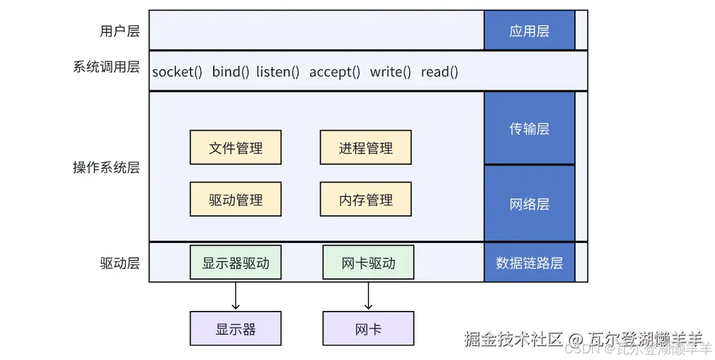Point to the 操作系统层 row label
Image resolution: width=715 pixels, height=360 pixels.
106,167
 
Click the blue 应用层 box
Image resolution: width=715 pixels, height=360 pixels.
529,31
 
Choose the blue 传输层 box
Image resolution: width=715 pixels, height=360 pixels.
529,128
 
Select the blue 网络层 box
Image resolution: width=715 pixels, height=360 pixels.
529,203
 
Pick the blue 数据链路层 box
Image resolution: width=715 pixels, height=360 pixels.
529,263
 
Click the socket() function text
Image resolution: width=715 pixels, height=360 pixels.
177,72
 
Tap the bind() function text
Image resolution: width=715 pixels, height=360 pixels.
230,72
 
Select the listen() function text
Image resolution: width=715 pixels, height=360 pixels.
278,72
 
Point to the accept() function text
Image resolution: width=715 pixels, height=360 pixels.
335,72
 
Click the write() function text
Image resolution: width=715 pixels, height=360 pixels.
390,72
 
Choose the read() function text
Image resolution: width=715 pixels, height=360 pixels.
439,72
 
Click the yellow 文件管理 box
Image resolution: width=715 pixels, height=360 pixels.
236,147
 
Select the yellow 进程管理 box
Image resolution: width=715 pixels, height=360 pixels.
366,147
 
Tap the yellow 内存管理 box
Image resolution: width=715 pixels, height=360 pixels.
366,199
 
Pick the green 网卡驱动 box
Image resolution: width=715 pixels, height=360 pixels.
368,263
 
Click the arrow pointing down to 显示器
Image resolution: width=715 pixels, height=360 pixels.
236,296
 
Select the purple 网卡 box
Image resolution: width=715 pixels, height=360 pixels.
368,329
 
